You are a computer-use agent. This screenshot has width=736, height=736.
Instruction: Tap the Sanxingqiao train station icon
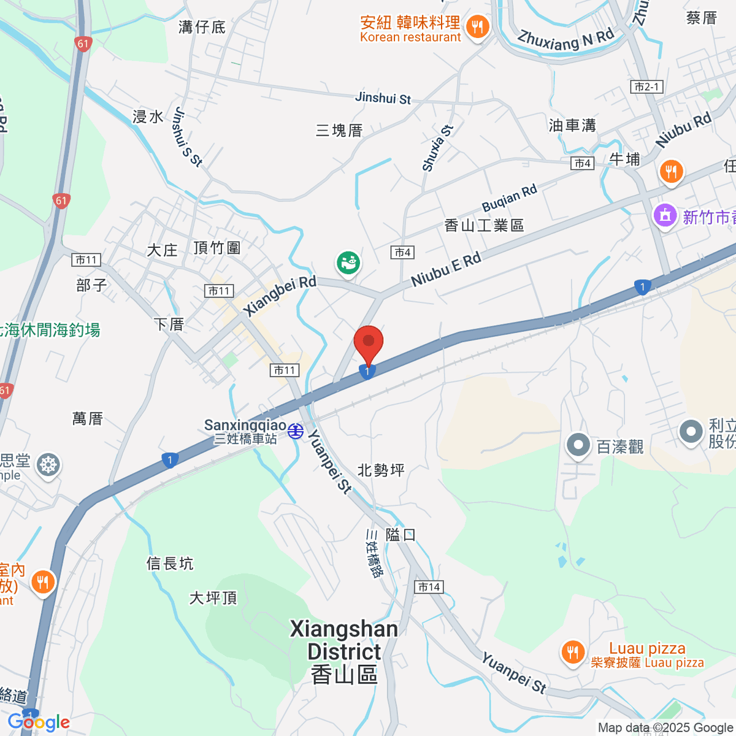point(296,431)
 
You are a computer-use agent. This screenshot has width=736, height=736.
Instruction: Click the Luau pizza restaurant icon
point(573,652)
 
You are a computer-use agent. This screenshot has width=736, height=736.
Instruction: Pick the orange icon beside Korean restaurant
point(477,27)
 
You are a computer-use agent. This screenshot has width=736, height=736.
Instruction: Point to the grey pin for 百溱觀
point(577,446)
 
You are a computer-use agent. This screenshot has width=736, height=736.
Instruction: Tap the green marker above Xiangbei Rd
point(348,264)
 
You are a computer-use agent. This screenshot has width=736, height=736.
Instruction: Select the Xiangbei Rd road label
point(280,296)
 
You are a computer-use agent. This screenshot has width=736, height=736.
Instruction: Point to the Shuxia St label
point(437,148)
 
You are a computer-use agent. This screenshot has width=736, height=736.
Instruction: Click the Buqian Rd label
point(509,197)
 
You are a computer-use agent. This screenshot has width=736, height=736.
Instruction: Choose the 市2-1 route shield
point(646,87)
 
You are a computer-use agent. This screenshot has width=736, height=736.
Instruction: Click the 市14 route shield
point(429,587)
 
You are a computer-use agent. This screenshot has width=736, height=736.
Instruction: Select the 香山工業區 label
point(484,226)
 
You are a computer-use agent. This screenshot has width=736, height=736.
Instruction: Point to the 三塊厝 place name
point(339,130)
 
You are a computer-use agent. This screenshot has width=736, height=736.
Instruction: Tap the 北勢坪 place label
point(381,470)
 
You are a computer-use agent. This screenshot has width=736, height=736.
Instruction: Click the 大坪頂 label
point(213,597)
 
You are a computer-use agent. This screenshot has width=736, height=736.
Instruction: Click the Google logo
point(39,723)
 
